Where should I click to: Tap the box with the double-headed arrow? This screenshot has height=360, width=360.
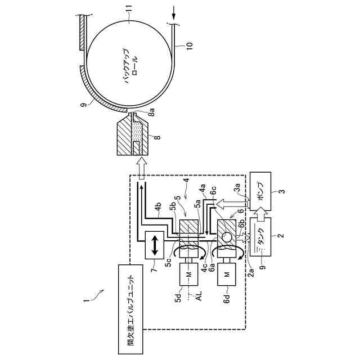coord(153,245)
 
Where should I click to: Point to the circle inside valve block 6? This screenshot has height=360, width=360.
coord(226,235)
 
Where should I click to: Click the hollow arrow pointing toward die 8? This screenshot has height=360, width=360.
coord(141,168)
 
